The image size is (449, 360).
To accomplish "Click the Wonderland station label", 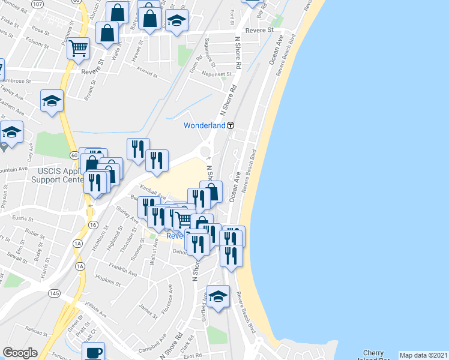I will (x=204, y=125).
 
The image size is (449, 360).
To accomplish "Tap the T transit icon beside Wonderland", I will (x=230, y=125).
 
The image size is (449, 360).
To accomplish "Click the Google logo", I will (x=20, y=353).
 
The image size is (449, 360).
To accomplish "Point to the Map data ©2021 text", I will (x=423, y=355).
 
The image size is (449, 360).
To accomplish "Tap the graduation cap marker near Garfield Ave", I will (x=218, y=296).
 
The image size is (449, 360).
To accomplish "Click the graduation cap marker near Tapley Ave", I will (x=52, y=101).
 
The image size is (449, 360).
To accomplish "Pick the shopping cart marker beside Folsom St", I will (x=78, y=47).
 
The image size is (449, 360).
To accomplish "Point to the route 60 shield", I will (x=73, y=155).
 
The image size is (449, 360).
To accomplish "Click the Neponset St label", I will (x=217, y=74).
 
